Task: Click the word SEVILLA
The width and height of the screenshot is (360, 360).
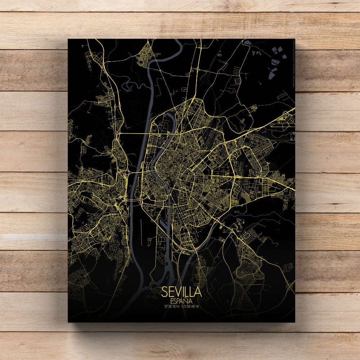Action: pos(181,291)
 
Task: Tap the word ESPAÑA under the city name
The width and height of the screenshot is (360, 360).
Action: pos(181,300)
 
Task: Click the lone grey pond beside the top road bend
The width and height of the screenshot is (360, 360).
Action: pos(248,42)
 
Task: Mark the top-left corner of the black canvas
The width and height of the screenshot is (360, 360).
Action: pos(68,39)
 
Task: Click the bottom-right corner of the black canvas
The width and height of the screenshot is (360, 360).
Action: pos(295,322)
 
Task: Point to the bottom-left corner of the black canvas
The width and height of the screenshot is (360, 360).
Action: pos(68,322)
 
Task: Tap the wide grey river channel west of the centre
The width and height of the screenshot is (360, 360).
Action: pos(137,187)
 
